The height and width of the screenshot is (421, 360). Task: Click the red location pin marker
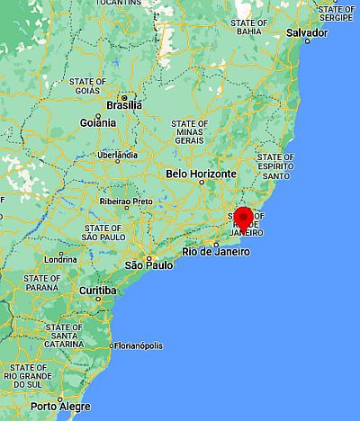point(243,218)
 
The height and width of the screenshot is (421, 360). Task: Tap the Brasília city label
point(123,104)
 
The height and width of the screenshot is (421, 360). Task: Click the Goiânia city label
point(97,122)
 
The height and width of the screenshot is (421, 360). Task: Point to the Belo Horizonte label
point(201,174)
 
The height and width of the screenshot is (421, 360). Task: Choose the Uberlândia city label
point(118,155)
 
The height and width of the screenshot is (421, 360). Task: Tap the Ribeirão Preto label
point(125,202)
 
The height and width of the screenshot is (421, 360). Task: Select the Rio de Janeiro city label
point(213,252)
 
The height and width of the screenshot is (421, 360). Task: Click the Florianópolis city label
point(138,345)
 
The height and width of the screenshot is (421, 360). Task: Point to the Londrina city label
point(59,258)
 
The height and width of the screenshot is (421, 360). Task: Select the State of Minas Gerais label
point(190,131)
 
